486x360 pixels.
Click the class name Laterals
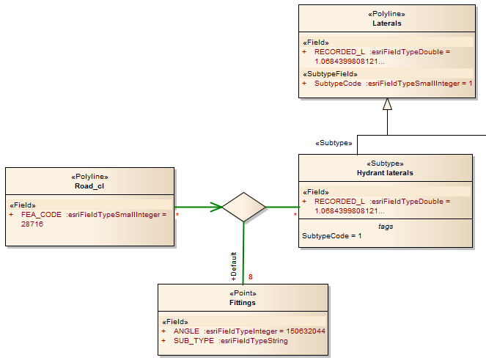(x=386, y=23)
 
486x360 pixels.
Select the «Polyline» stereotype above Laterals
(x=386, y=14)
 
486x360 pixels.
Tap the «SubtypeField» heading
(x=330, y=73)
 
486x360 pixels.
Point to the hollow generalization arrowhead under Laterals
(x=387, y=104)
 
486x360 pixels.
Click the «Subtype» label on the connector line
(x=334, y=143)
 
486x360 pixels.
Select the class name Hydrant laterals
(x=386, y=173)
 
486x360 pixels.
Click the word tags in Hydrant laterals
(x=386, y=227)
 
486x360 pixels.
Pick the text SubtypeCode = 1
(x=332, y=236)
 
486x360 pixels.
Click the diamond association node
(x=243, y=207)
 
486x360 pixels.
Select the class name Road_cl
(x=89, y=186)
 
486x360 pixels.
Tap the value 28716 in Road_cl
(x=32, y=224)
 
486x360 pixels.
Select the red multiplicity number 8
(x=251, y=277)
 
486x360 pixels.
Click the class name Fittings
(x=243, y=301)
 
